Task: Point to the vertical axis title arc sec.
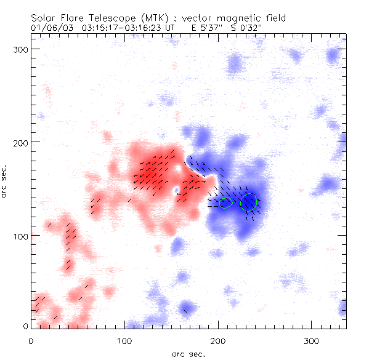(5, 182)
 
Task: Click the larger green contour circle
(248, 201)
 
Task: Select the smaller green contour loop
(225, 202)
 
